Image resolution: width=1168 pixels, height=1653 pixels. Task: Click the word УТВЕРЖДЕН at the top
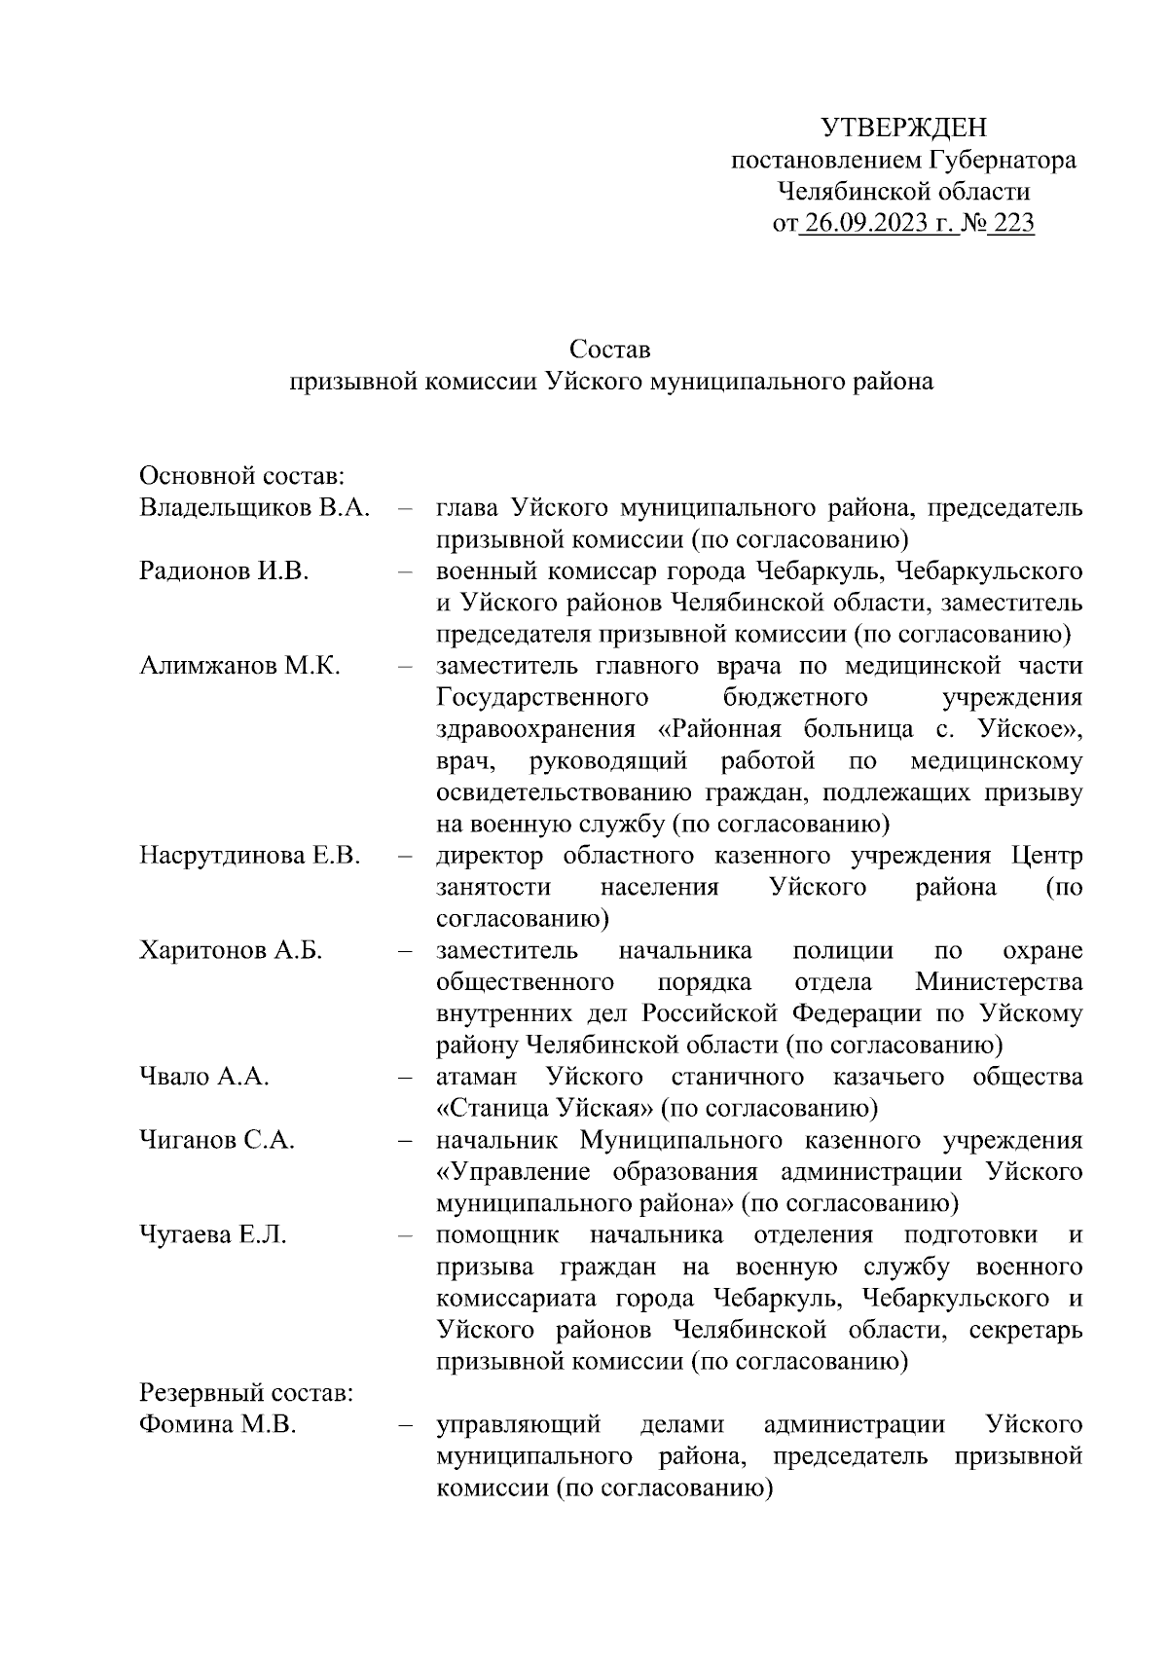click(904, 128)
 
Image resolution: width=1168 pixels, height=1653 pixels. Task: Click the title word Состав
click(610, 349)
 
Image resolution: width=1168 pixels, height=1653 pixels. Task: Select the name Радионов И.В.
click(224, 571)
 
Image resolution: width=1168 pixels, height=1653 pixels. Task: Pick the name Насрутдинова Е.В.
click(250, 856)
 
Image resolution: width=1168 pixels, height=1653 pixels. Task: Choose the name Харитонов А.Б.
click(231, 950)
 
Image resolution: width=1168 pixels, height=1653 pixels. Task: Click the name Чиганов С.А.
click(217, 1140)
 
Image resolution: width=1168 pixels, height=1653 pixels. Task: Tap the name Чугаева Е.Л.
click(213, 1234)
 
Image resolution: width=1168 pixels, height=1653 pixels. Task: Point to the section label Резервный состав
click(246, 1393)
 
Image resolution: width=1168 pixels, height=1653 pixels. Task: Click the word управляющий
click(517, 1424)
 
